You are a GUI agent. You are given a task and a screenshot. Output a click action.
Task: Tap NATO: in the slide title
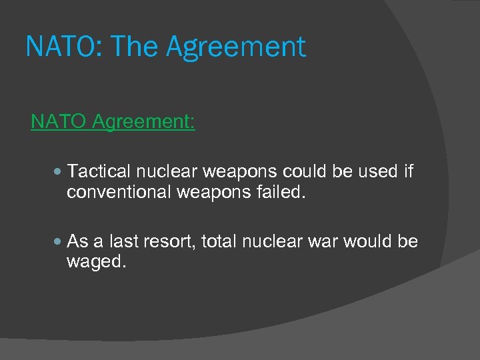64,47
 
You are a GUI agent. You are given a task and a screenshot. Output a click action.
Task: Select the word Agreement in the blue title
235,47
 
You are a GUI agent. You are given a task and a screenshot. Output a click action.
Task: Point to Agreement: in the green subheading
143,122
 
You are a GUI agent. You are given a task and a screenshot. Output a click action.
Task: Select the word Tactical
98,171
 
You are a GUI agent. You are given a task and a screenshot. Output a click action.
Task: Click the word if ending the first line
409,171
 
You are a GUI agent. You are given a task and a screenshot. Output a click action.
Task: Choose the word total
217,241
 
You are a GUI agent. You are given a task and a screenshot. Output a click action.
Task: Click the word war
323,241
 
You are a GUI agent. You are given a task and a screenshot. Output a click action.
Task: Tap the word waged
95,262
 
